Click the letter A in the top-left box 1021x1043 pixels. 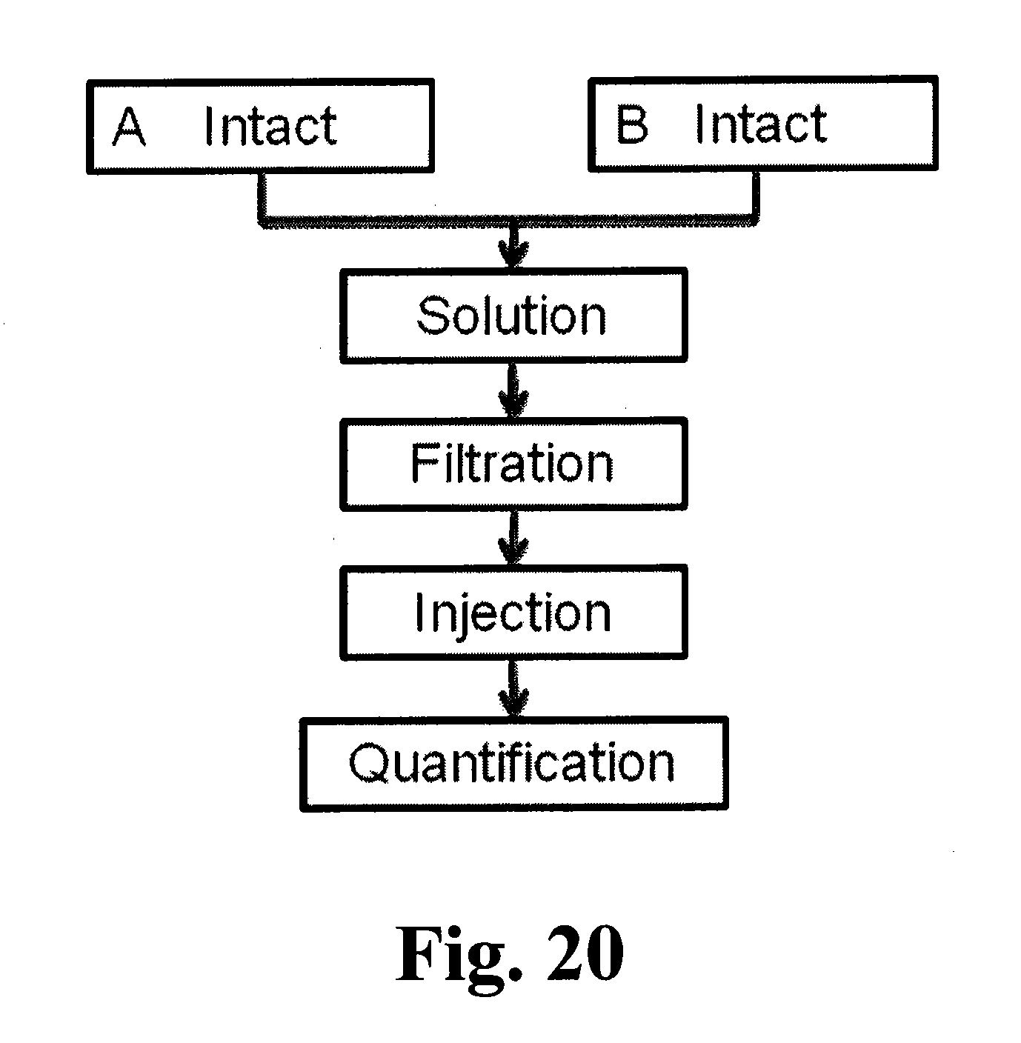pyautogui.click(x=129, y=127)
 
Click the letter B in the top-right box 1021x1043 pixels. pyautogui.click(x=632, y=124)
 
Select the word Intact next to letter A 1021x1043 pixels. pyautogui.click(x=270, y=127)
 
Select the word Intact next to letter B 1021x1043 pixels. pyautogui.click(x=761, y=124)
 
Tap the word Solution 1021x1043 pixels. pyautogui.click(x=511, y=316)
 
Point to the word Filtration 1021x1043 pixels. pyautogui.click(x=512, y=464)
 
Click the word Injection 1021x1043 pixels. pyautogui.click(x=513, y=613)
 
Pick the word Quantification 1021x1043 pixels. pyautogui.click(x=512, y=763)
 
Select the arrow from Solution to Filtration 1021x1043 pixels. pyautogui.click(x=513, y=390)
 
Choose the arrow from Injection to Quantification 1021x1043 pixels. pyautogui.click(x=513, y=687)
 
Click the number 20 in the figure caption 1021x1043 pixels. pyautogui.click(x=583, y=953)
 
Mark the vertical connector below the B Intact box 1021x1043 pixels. pyautogui.click(x=755, y=196)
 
